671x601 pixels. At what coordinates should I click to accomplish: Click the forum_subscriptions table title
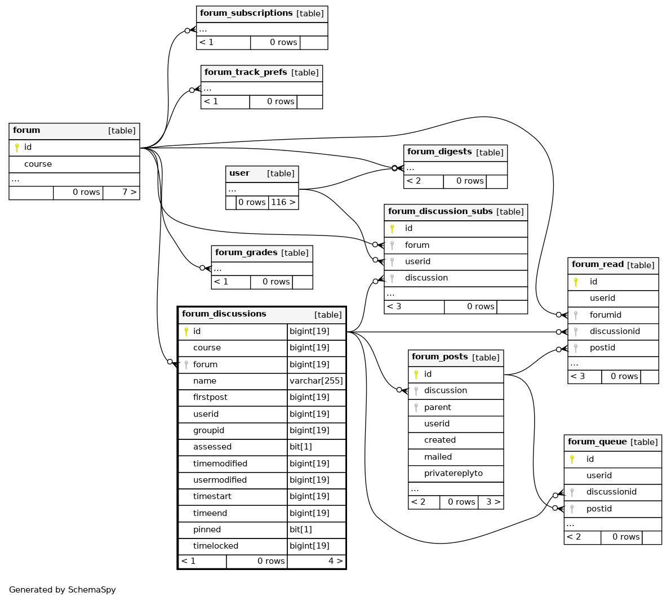pos(246,14)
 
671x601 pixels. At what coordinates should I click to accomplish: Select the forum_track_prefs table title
pos(246,72)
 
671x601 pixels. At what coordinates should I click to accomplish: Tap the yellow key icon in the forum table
pos(17,148)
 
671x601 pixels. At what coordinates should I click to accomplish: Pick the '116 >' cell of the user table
pos(283,202)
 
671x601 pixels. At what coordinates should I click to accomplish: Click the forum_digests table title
pos(439,152)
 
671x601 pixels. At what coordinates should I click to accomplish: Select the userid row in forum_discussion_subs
pos(456,262)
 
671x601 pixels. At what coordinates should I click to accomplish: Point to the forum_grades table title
pos(246,253)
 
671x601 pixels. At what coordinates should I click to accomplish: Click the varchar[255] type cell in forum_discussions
pos(316,381)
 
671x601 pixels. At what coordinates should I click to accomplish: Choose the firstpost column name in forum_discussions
pos(210,397)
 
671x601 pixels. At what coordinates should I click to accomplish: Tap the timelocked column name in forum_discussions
pos(216,546)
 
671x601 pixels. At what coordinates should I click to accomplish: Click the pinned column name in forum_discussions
pos(207,529)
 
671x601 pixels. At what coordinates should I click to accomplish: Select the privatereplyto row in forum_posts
pos(456,474)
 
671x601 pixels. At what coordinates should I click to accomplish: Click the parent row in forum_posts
pos(456,407)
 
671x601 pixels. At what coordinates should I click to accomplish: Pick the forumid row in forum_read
pos(613,315)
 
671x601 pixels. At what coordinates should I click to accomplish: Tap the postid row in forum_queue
pos(613,509)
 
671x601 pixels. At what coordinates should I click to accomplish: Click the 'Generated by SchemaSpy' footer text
pos(63,590)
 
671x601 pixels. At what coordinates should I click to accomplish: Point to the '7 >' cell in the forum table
pos(121,193)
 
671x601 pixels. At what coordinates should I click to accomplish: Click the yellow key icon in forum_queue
pos(572,460)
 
